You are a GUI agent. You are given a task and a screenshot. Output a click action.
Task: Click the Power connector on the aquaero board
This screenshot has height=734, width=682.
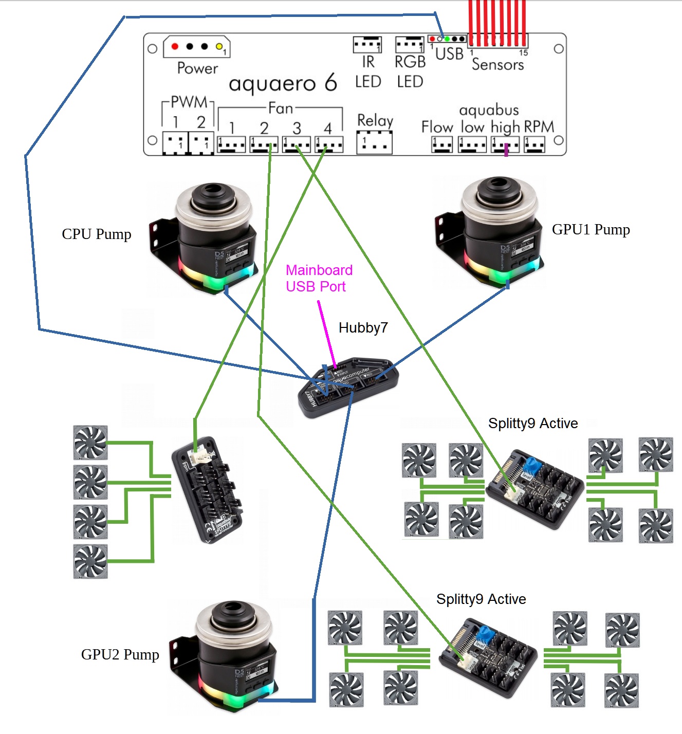197,47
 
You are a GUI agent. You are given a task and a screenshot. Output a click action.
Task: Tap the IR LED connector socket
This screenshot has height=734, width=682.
367,45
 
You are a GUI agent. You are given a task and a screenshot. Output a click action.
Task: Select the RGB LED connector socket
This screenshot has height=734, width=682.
410,45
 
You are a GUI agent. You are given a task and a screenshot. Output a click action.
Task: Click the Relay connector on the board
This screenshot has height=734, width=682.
375,142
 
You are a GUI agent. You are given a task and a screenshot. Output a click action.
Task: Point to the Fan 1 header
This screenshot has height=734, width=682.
231,144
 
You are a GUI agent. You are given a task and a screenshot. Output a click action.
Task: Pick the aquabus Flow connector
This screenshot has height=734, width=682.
442,144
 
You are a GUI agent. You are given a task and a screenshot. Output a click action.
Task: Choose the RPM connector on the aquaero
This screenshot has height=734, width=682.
534,144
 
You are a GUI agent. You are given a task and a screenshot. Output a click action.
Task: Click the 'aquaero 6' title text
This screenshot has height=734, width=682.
283,83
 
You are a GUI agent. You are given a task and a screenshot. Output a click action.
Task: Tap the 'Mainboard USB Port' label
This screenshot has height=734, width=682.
319,278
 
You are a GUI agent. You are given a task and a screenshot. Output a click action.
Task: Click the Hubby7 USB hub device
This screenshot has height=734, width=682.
347,387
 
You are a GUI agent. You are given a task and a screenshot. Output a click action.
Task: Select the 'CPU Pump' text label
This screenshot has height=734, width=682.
97,234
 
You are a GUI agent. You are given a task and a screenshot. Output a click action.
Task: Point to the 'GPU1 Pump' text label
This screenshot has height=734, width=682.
591,230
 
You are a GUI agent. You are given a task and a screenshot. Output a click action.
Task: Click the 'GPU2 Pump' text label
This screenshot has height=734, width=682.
120,655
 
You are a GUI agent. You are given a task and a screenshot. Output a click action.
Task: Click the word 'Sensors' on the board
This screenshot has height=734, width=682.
497,65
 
